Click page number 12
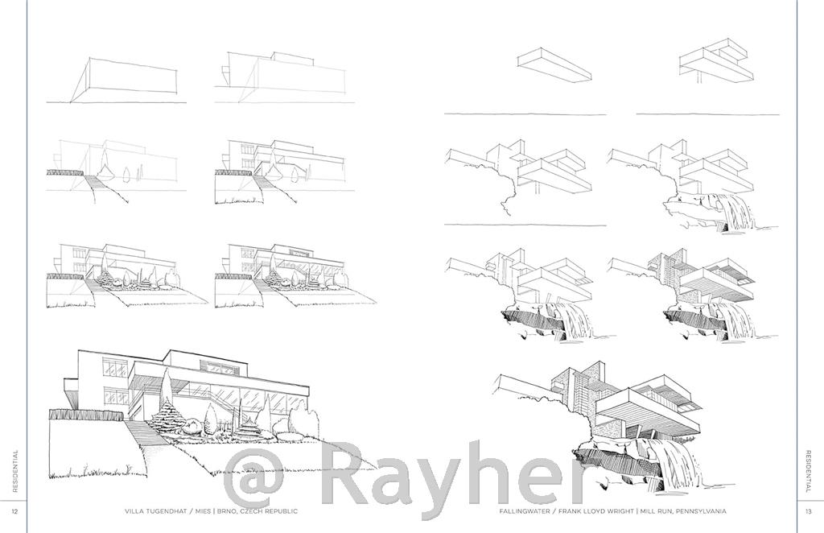pos(14,511)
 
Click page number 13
pos(809,511)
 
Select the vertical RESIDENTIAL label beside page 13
pos(808,471)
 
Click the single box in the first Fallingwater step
pos(554,64)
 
